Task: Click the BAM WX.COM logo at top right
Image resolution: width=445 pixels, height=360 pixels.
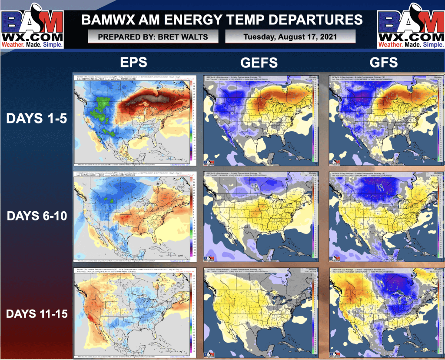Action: [411, 25]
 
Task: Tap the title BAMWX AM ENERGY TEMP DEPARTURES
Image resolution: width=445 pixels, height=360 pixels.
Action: [222, 20]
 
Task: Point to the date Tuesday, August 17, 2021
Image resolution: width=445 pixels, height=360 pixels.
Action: [290, 37]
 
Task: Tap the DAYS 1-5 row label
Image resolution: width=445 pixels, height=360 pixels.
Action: [36, 118]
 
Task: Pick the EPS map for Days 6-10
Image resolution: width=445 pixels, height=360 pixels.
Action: [135, 217]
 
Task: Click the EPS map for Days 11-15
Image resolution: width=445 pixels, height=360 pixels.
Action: [135, 312]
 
